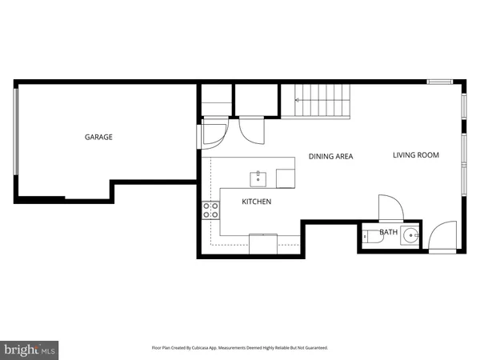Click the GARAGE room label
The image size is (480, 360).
pyautogui.click(x=98, y=137)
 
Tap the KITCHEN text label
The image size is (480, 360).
pyautogui.click(x=256, y=202)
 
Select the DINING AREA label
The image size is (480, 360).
pyautogui.click(x=330, y=157)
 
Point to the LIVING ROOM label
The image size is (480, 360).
pyautogui.click(x=415, y=155)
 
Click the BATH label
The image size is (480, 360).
pyautogui.click(x=388, y=233)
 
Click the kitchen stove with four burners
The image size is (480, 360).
pyautogui.click(x=211, y=210)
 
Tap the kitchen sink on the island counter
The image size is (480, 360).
pyautogui.click(x=259, y=176)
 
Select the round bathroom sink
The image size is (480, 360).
pyautogui.click(x=410, y=235)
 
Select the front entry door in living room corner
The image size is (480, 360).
pyautogui.click(x=440, y=238)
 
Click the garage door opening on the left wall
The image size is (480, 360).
pyautogui.click(x=15, y=140)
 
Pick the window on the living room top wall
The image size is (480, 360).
pyautogui.click(x=438, y=82)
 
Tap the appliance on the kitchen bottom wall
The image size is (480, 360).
pyautogui.click(x=263, y=243)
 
